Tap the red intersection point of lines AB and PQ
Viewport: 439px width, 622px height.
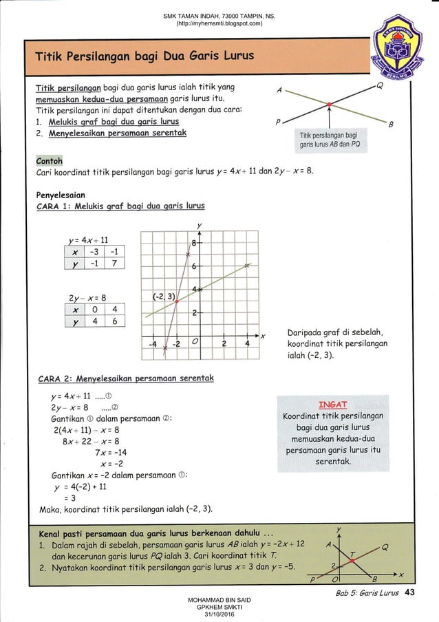pos(330,107)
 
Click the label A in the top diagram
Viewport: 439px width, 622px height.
pos(279,90)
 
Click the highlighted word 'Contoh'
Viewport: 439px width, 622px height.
pos(49,161)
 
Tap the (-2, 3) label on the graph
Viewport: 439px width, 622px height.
pos(162,296)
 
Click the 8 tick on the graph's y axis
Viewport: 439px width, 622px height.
pos(195,243)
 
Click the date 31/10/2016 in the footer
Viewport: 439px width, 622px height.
pos(219,614)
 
